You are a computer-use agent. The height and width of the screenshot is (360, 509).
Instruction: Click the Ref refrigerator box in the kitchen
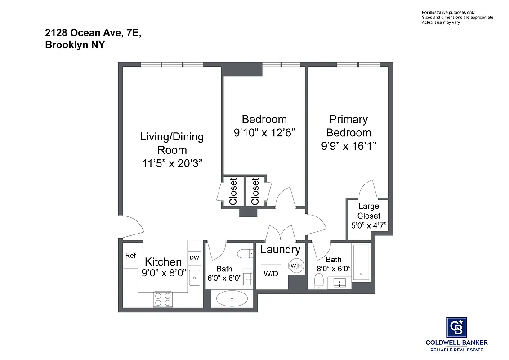pos(130,256)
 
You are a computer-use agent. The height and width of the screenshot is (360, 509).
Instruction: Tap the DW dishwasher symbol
pos(194,258)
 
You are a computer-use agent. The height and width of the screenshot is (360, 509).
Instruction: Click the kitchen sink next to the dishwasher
pos(194,279)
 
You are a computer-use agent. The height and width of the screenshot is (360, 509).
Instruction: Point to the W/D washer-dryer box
pos(270,274)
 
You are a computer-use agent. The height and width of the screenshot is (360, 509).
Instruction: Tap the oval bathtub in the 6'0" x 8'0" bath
pos(232,298)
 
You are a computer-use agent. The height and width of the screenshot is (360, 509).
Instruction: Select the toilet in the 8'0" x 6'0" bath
pos(319,282)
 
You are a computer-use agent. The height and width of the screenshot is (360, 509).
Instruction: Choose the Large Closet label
pos(369,211)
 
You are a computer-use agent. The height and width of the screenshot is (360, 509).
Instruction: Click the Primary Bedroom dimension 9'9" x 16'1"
pos(348,146)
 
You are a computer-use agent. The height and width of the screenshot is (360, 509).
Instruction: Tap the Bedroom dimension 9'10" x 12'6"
pos(264,133)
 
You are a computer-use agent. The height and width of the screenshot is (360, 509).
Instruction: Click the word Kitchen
pos(163,262)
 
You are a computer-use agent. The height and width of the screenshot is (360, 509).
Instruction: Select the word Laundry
pos(280,250)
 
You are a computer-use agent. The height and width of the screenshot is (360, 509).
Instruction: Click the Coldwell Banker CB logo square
pos(456,327)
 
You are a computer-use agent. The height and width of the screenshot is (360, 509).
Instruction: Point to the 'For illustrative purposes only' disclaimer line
pos(448,12)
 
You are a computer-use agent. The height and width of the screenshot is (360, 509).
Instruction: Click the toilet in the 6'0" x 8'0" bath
pos(246,254)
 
